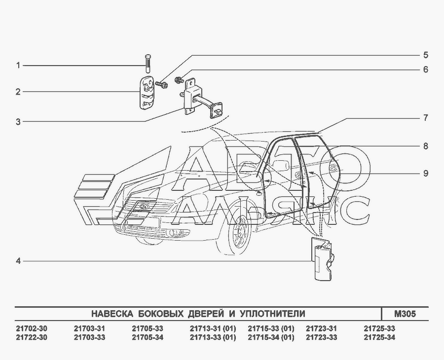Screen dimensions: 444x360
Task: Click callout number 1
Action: pyautogui.click(x=18, y=66)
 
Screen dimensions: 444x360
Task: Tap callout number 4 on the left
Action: pyautogui.click(x=18, y=261)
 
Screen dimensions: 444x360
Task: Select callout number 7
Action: pyautogui.click(x=426, y=118)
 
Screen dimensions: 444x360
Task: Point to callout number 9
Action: pyautogui.click(x=426, y=173)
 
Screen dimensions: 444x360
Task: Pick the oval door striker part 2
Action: pyautogui.click(x=147, y=92)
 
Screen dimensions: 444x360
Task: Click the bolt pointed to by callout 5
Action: pyautogui.click(x=161, y=84)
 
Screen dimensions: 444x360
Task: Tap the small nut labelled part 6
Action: pyautogui.click(x=180, y=80)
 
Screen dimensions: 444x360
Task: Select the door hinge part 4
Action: pyautogui.click(x=322, y=259)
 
